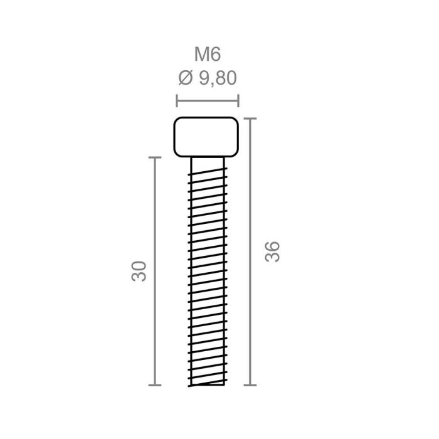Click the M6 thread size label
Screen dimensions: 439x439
(208, 55)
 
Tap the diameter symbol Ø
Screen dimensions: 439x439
(184, 78)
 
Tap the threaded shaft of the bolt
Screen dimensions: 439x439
(206, 270)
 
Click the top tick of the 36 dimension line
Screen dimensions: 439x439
(251, 117)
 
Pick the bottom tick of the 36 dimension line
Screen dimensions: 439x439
(251, 385)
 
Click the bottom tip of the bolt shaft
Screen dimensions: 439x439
(206, 386)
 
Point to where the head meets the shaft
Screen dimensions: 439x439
(206, 157)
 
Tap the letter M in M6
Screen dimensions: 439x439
(201, 55)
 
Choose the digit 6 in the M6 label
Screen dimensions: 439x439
(215, 55)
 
